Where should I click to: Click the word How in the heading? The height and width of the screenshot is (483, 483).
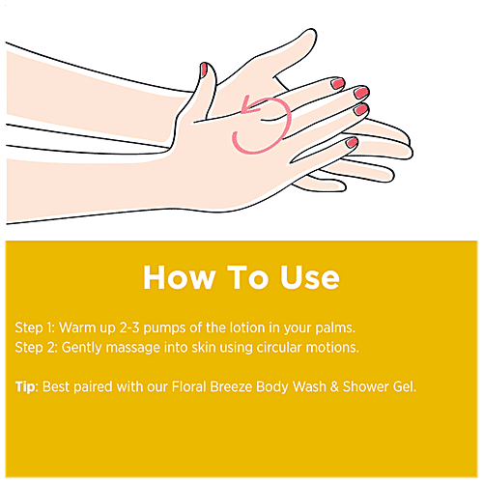180,277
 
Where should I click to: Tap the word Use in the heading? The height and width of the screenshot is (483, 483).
310,277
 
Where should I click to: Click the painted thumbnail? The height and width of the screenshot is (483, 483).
204,70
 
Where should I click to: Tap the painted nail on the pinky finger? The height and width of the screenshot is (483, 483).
352,142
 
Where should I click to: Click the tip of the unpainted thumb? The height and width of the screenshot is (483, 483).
311,32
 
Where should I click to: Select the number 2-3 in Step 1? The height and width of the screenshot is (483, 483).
129,327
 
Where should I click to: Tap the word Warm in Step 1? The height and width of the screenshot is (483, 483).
77,327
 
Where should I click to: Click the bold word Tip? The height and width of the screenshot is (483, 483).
25,387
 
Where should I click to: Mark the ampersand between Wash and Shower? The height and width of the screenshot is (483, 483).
334,386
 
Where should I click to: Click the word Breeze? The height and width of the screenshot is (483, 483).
231,386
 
